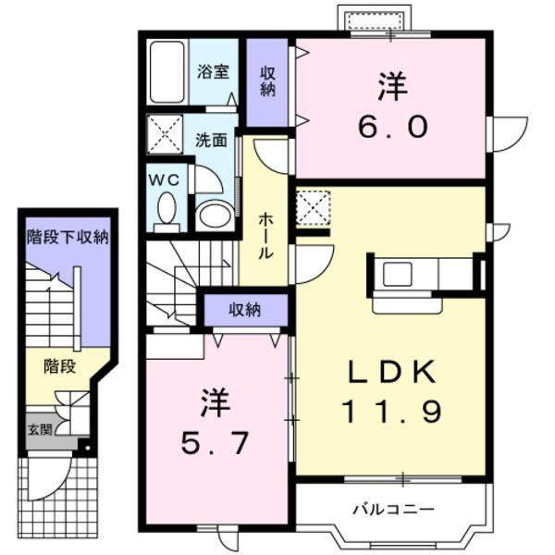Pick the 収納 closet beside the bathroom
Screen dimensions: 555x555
point(268,81)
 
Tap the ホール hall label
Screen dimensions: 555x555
point(265,234)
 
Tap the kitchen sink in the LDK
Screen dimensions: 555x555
point(399,274)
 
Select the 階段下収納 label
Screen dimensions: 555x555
point(68,237)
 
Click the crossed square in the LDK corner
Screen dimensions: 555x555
point(314,205)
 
